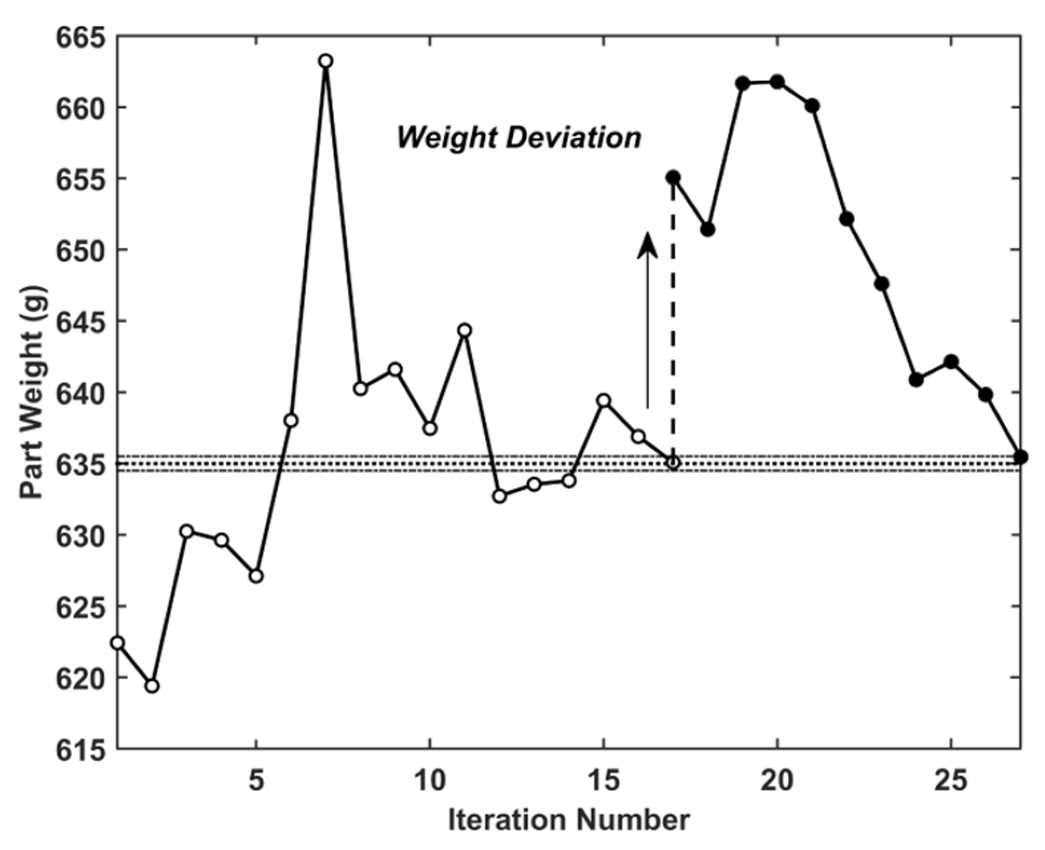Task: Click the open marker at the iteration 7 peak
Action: point(325,61)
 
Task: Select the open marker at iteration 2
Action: point(152,686)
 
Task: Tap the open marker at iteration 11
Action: point(464,330)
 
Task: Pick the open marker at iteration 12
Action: point(499,496)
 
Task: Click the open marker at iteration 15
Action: point(604,400)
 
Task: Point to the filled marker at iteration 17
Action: point(673,177)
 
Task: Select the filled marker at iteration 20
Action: point(777,82)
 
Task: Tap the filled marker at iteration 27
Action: point(1020,457)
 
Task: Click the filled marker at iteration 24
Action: point(916,380)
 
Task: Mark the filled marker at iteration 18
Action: point(708,229)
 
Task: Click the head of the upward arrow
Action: point(647,245)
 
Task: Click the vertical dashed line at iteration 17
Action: point(673,324)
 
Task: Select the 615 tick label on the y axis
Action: point(79,749)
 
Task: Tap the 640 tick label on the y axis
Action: point(79,393)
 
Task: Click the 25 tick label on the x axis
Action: point(951,780)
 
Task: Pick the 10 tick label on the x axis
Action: point(430,780)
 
